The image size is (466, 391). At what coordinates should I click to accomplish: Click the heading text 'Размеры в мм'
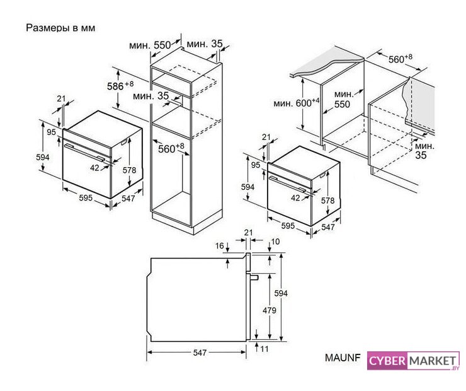tap(60, 28)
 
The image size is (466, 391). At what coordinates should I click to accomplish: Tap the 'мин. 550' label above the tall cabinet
tap(150, 45)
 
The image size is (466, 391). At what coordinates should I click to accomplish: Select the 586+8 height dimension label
tap(120, 86)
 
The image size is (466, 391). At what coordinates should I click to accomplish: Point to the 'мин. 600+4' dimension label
tap(297, 103)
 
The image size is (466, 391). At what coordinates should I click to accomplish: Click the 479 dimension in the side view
tap(270, 310)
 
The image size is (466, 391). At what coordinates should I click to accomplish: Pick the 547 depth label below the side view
tap(200, 353)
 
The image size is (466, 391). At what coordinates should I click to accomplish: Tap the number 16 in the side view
tap(219, 246)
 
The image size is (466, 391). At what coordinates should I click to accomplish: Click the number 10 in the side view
tap(275, 242)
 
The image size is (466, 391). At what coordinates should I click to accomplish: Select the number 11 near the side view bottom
tap(264, 349)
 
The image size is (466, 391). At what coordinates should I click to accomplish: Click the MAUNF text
tap(343, 358)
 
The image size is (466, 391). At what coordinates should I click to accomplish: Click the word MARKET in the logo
tap(433, 361)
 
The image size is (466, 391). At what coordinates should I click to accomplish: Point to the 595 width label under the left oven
tap(86, 197)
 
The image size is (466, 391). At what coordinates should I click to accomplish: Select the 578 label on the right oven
tap(328, 201)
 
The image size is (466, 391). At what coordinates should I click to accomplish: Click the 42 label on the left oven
tap(94, 168)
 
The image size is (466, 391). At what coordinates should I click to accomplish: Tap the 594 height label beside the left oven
tap(43, 157)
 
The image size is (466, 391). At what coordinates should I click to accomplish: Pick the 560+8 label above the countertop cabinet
tap(401, 59)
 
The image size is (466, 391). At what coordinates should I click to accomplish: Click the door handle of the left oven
tap(85, 152)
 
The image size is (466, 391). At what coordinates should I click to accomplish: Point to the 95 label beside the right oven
tap(256, 165)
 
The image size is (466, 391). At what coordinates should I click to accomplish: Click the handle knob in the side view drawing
tap(254, 277)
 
